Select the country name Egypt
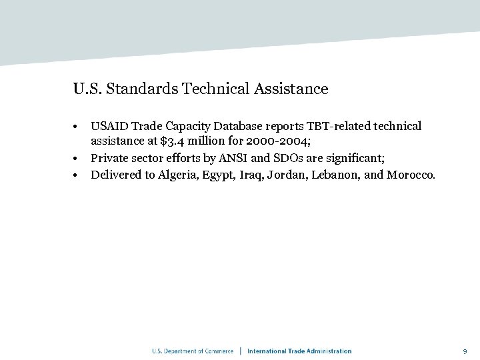219,175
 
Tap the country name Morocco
411,175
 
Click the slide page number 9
465,351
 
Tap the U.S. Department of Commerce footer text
193,351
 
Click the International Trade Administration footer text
299,351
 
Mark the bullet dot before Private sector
77,159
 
